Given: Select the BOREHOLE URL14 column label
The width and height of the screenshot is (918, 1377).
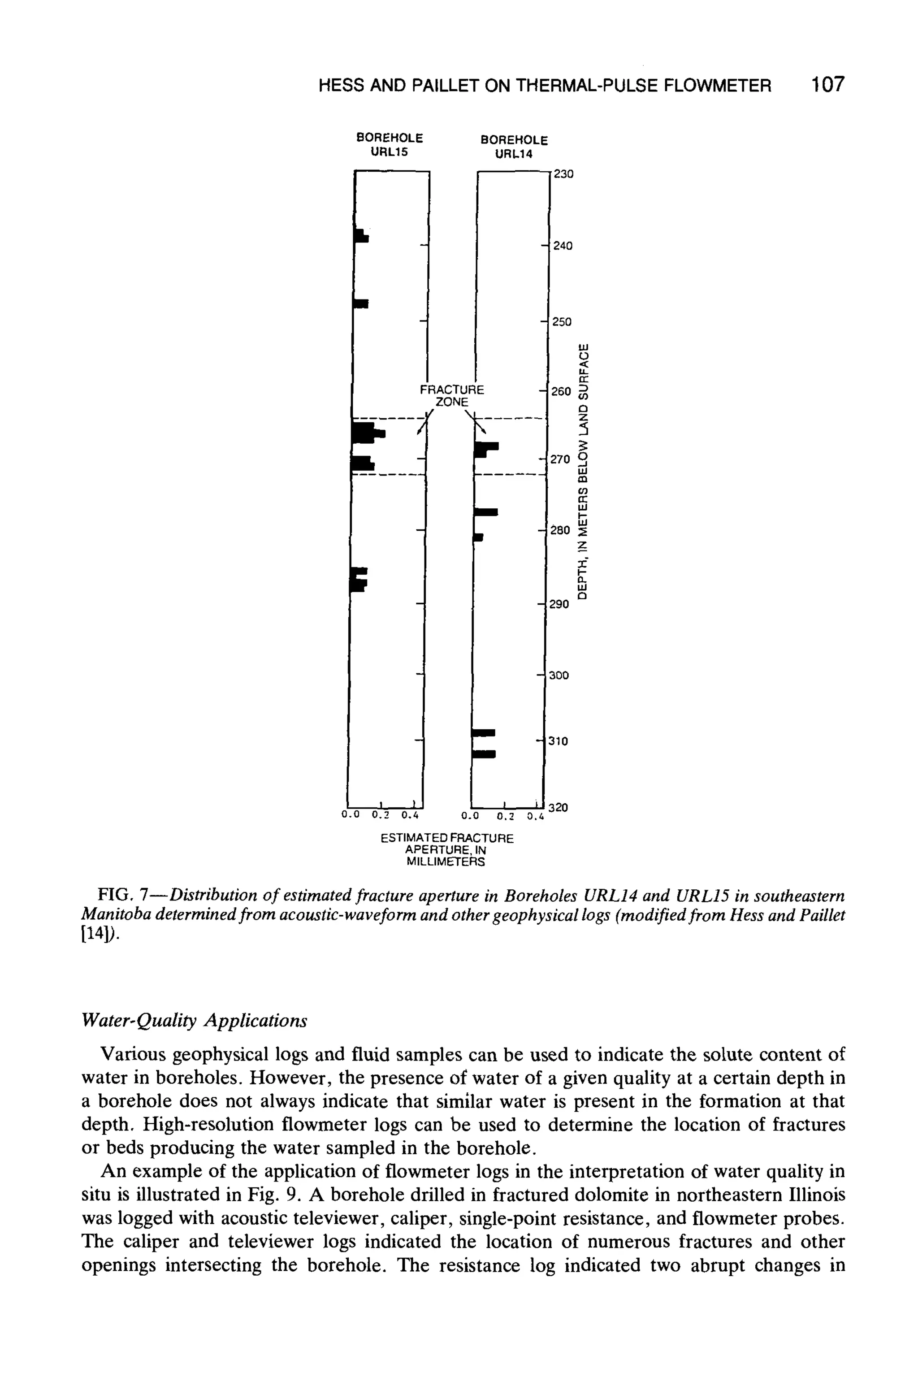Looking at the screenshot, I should tap(513, 147).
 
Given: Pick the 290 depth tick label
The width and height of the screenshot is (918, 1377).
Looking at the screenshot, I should tap(559, 604).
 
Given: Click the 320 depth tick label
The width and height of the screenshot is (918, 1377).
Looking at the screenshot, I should tap(560, 807).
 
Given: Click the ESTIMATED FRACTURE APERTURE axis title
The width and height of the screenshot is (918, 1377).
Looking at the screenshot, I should tap(447, 849).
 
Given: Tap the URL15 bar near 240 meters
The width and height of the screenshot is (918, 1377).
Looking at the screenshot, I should tap(361, 235).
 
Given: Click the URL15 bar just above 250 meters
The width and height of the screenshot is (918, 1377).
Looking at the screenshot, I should tap(361, 303).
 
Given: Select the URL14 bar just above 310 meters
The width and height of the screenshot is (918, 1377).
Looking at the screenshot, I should tap(484, 732).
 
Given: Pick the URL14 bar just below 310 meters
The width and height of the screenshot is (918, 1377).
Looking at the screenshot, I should tap(484, 753).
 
